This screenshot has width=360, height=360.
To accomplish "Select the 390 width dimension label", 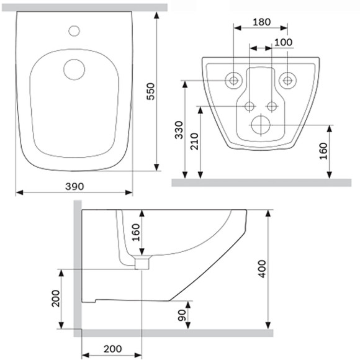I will tap(74, 186).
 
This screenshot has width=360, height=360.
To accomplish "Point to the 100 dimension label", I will tap(282, 42).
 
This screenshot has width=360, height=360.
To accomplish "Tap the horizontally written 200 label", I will tap(113, 349).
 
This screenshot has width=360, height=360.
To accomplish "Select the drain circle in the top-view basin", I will tap(74, 69).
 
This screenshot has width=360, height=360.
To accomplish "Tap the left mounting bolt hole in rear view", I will tap(233, 79).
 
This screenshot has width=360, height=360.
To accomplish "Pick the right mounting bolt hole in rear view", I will tap(287, 79).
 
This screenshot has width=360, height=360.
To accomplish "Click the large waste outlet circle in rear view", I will tap(260, 125).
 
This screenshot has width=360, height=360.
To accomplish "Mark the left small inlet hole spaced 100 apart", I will tap(250, 106).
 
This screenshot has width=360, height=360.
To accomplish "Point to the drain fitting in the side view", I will tap(143, 263).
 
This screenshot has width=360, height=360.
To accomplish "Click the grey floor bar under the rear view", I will tap(261, 182).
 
